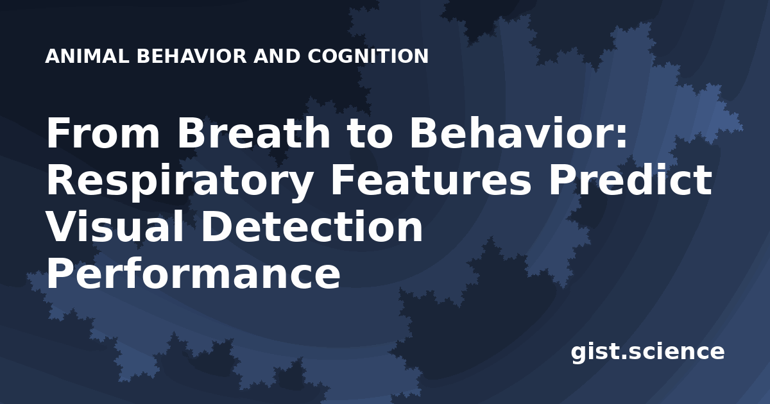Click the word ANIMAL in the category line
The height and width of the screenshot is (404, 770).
click(87, 56)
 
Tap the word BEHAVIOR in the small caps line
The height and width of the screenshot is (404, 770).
click(192, 56)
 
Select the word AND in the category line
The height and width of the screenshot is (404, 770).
click(277, 56)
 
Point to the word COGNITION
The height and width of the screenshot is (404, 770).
click(368, 56)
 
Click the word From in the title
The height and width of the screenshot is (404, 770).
click(103, 133)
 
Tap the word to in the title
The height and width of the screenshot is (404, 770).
click(370, 133)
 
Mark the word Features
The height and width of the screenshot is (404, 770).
click(431, 180)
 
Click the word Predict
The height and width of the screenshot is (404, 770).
click(630, 180)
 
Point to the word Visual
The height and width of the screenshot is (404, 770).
click(115, 226)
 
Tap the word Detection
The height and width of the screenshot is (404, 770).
click(312, 226)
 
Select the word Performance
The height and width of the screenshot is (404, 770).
click(193, 274)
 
